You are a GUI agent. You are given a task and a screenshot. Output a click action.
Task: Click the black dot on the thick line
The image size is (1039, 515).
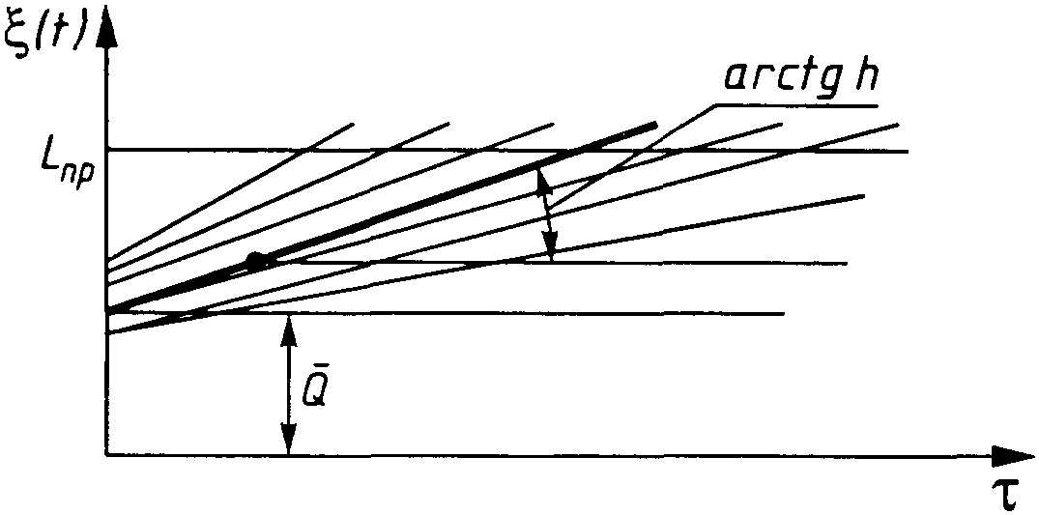(256, 260)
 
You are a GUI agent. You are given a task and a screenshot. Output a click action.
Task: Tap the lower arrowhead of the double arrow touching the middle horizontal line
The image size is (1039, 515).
(550, 251)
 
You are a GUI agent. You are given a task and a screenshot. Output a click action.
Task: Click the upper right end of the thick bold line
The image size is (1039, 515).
(655, 124)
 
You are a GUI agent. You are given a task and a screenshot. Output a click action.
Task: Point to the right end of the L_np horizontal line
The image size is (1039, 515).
(908, 151)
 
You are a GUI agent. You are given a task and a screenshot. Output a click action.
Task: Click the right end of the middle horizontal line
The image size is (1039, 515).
(847, 263)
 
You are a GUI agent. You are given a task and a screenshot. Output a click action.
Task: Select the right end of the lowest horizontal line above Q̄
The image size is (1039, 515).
(783, 314)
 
